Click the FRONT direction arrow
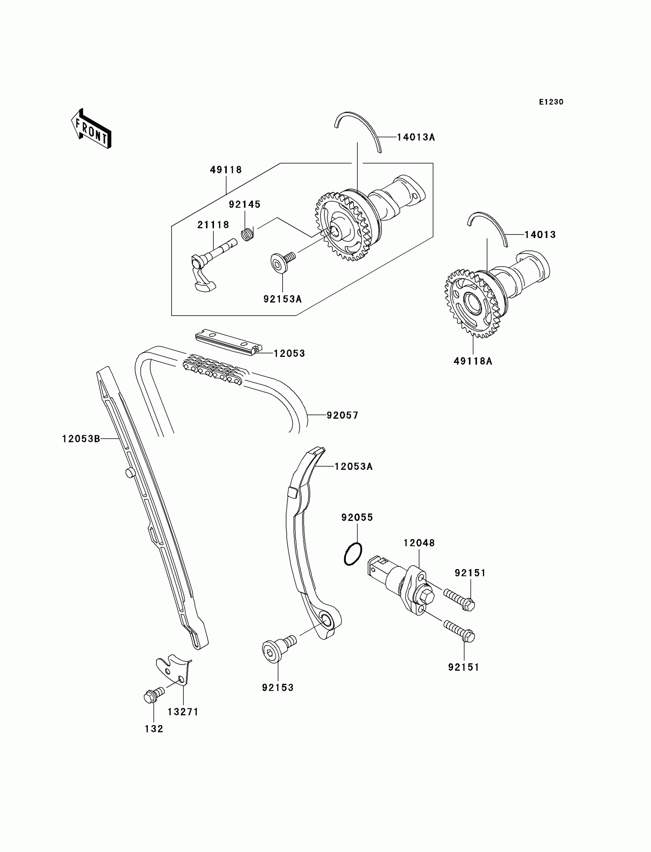click(92, 129)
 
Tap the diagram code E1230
click(551, 102)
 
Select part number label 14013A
click(416, 137)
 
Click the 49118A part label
click(473, 361)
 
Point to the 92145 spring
click(247, 234)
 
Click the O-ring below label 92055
click(353, 554)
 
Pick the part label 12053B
click(81, 438)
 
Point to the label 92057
click(342, 415)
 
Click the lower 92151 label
click(463, 667)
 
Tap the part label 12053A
click(353, 466)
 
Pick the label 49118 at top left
click(226, 170)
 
